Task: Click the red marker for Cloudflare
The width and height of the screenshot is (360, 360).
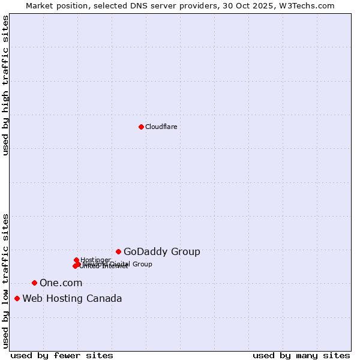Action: pyautogui.click(x=141, y=127)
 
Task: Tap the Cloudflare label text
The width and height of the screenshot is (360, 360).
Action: pyautogui.click(x=161, y=127)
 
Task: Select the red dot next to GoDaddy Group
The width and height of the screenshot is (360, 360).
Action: pyautogui.click(x=118, y=251)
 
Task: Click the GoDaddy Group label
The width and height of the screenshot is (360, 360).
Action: pyautogui.click(x=161, y=251)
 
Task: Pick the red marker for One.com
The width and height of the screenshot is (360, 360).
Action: pyautogui.click(x=34, y=283)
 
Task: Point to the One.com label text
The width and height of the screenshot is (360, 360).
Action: pyautogui.click(x=61, y=283)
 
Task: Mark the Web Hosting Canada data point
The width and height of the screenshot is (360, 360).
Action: pyautogui.click(x=17, y=298)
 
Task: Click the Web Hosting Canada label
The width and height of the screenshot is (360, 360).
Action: pyautogui.click(x=72, y=298)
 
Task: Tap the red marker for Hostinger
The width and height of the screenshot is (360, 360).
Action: pyautogui.click(x=76, y=260)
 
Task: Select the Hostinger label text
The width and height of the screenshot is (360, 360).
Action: pyautogui.click(x=95, y=260)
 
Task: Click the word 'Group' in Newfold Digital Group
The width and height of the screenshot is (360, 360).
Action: pyautogui.click(x=142, y=264)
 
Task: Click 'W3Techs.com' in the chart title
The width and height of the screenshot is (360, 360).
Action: pyautogui.click(x=307, y=5)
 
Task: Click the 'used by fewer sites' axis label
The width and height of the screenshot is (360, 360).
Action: pyautogui.click(x=62, y=355)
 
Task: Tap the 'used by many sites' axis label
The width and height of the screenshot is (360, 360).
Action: pyautogui.click(x=301, y=355)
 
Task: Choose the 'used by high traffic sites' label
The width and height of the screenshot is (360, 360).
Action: pyautogui.click(x=6, y=86)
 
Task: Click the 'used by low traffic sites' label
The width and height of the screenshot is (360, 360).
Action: pyautogui.click(x=6, y=281)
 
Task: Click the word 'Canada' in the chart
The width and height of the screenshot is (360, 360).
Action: pyautogui.click(x=106, y=298)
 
